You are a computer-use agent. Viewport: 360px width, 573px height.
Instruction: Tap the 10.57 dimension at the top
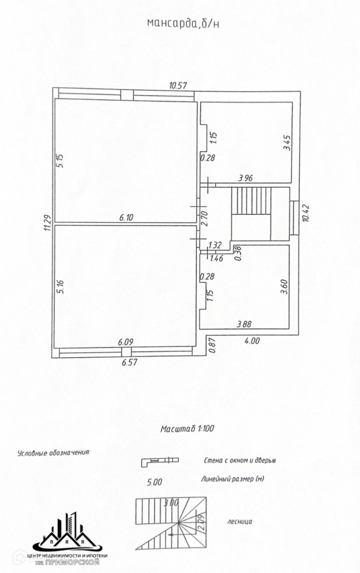178,85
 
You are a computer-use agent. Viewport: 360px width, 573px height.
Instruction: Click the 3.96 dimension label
245,177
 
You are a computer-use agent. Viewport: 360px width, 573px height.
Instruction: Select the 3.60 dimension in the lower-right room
285,287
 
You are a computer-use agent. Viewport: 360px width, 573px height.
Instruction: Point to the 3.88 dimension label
244,324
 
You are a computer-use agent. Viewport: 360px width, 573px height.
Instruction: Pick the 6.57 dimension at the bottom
130,362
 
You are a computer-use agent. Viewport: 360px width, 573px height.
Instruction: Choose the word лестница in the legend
240,521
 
